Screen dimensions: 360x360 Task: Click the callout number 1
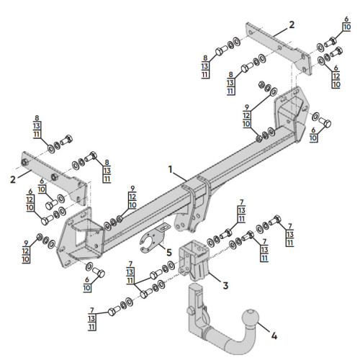(x=171, y=169)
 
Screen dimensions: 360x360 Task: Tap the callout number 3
(x=225, y=286)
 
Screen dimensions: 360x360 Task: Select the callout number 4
(x=274, y=336)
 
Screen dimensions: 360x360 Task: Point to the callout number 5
(x=169, y=253)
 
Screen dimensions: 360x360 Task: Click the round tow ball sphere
(x=251, y=319)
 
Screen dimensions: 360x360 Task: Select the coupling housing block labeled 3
(x=194, y=260)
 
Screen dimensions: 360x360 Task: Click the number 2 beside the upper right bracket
(x=292, y=24)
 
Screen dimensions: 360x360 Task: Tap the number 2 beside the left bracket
(x=13, y=179)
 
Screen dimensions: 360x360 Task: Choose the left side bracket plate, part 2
(x=54, y=177)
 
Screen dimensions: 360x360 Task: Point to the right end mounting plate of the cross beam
(x=292, y=113)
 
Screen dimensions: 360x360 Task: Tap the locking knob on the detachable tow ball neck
(x=191, y=311)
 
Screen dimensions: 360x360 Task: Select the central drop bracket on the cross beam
(x=193, y=204)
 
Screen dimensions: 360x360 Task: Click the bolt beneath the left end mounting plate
(x=99, y=272)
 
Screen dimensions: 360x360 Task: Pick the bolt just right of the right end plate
(x=325, y=122)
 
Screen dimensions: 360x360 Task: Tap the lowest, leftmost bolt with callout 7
(x=113, y=311)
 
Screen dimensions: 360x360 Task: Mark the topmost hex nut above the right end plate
(x=261, y=84)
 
